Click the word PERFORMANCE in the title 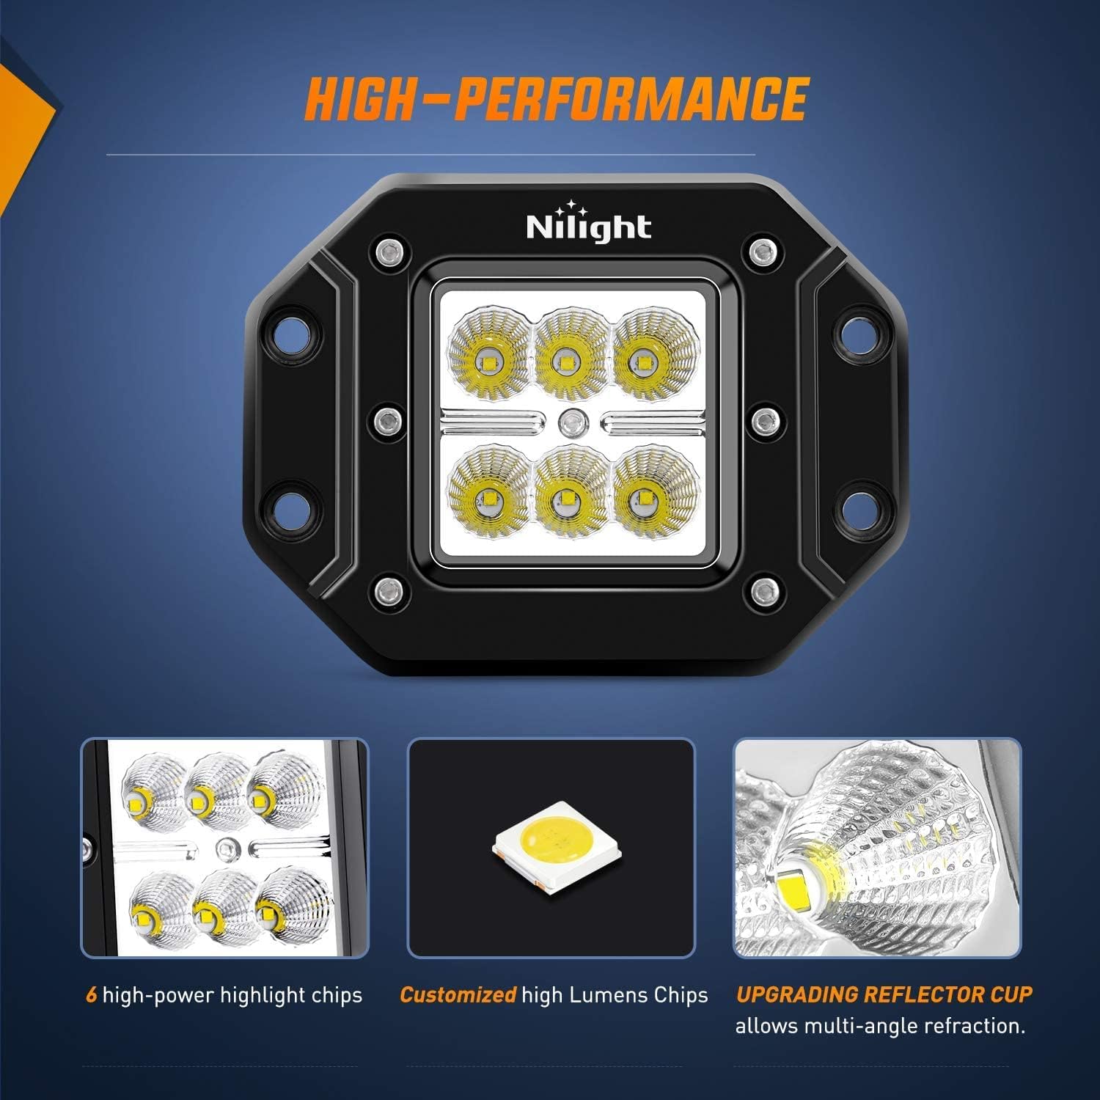[x=631, y=99]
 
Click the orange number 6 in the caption [x=91, y=995]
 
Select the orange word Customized [x=458, y=995]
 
